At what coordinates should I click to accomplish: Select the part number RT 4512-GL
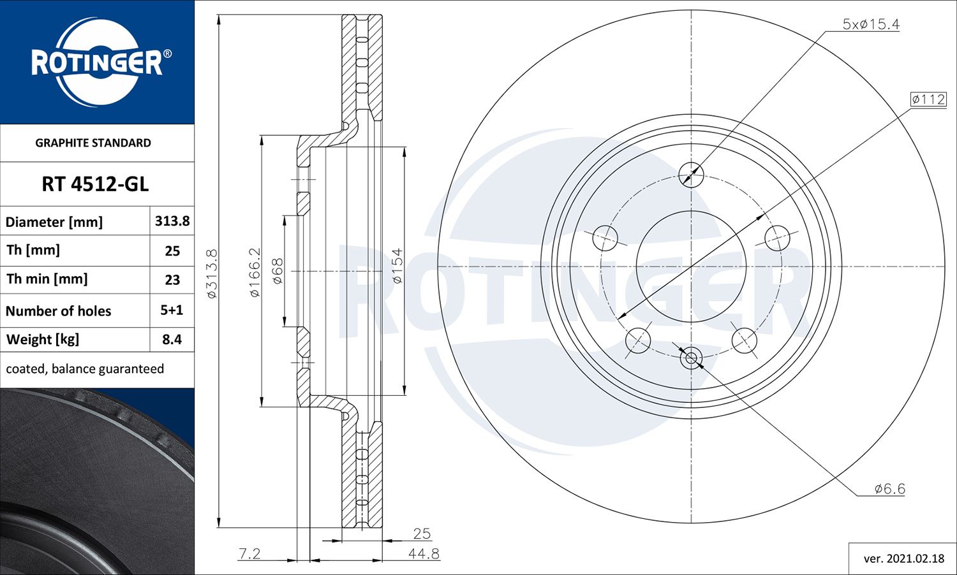pos(95,184)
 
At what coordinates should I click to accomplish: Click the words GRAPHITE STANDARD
pos(93,143)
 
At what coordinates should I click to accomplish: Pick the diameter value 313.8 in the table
pos(172,221)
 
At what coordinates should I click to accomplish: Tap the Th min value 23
pos(172,280)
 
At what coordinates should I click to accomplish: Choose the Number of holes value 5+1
pos(172,310)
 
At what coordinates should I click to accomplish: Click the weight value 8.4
pos(172,339)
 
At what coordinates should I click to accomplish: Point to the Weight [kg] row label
pos(43,339)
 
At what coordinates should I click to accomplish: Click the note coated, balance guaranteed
pos(85,368)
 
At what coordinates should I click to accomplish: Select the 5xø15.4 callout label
pos(871,24)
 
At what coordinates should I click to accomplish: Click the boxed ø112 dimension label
pos(928,99)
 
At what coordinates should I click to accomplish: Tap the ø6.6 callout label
pos(889,489)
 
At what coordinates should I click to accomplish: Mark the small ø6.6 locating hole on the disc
pos(691,358)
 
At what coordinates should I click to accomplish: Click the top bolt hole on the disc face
pos(691,173)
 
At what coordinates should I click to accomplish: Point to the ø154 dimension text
pos(397,266)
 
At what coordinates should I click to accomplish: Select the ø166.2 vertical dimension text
pos(254,272)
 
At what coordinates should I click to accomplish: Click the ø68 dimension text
pos(277,271)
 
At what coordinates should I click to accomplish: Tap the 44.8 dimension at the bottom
pos(424,553)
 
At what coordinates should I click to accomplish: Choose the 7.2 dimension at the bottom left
pos(249,553)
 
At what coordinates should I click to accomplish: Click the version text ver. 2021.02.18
pos(903,558)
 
